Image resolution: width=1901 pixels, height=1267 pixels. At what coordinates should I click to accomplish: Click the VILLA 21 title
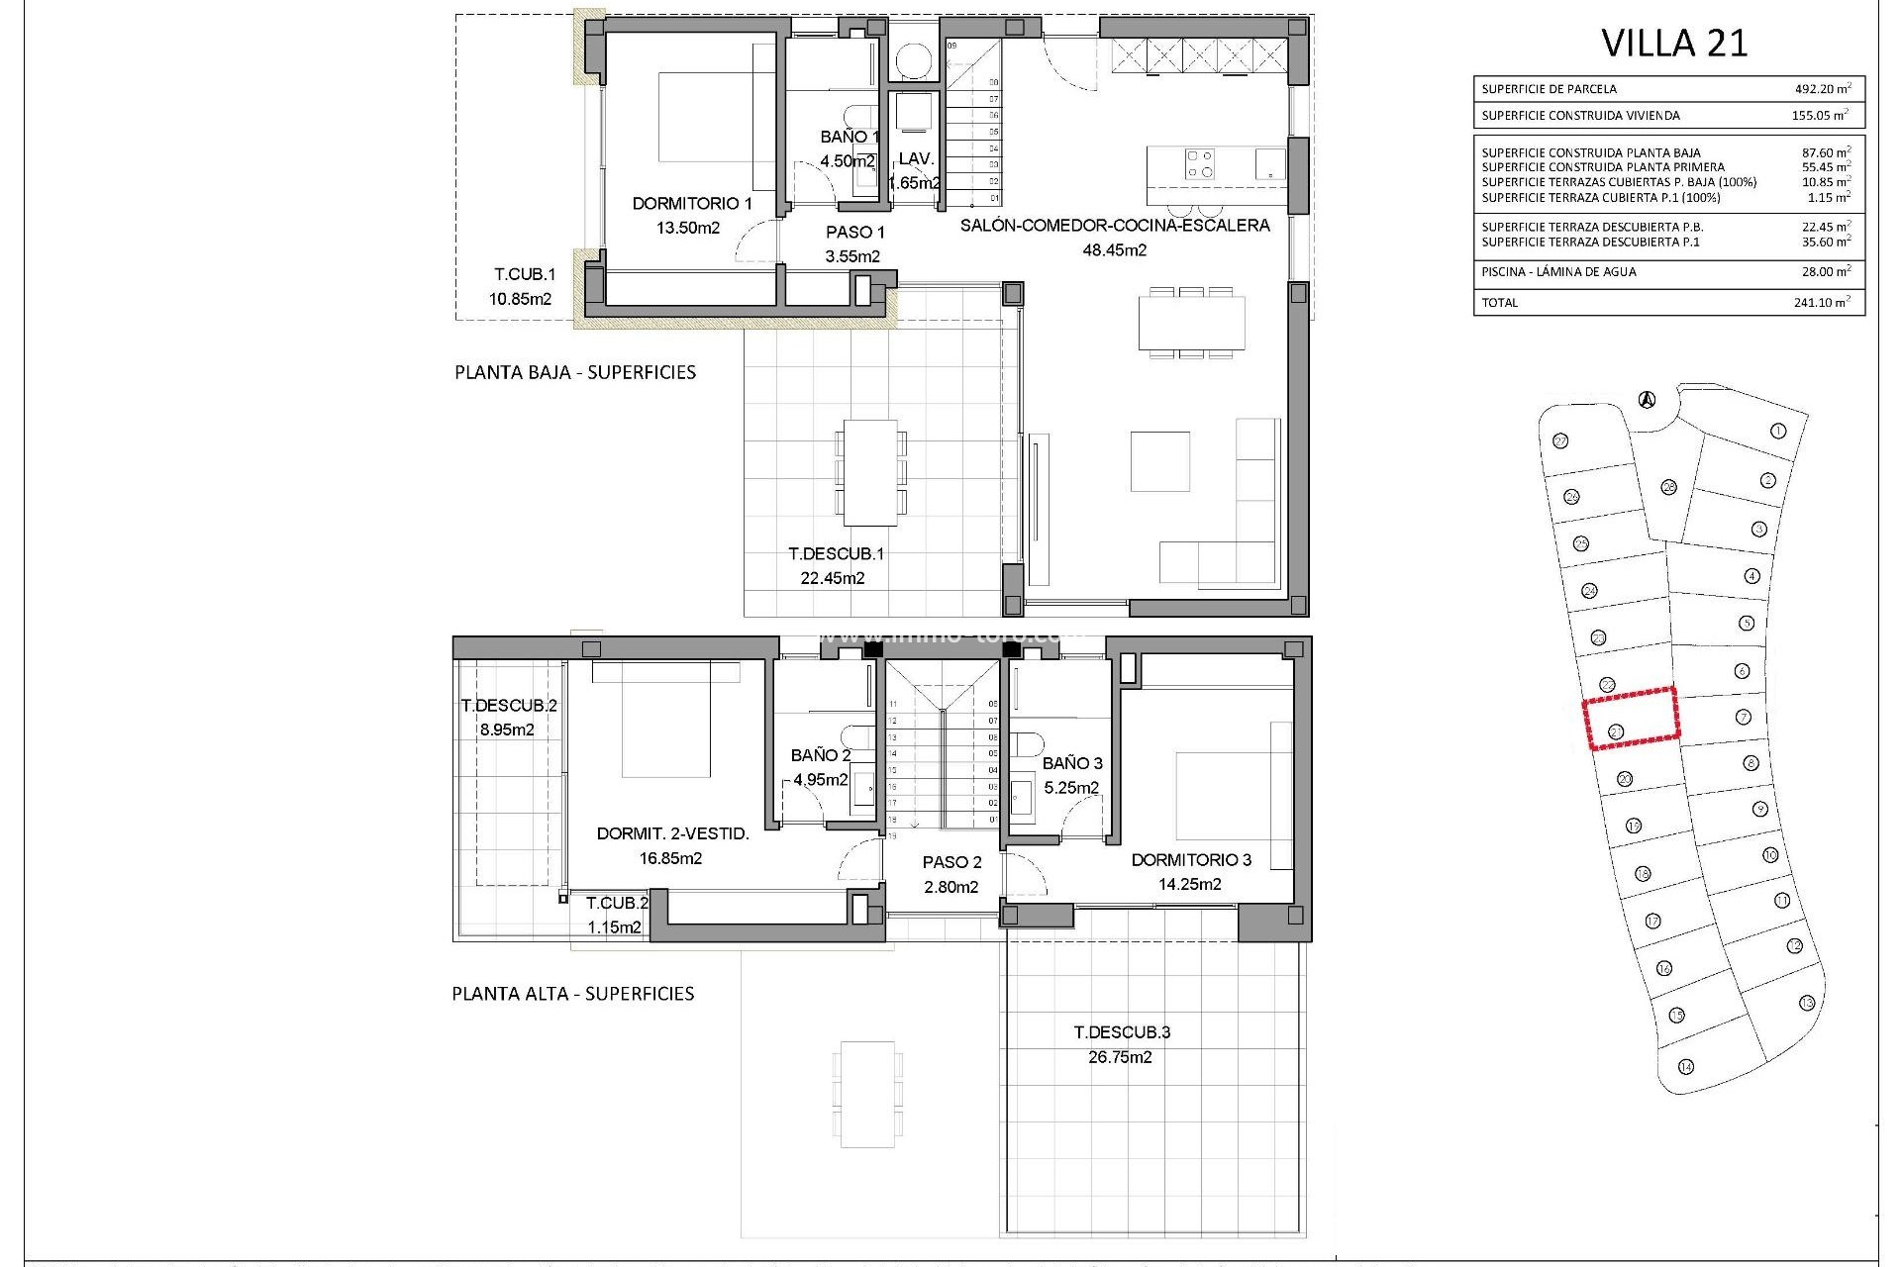(x=1674, y=44)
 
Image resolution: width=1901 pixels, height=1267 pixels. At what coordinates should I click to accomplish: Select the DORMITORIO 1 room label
(x=692, y=204)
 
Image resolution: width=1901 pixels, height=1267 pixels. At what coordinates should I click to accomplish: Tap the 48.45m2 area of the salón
(x=1114, y=250)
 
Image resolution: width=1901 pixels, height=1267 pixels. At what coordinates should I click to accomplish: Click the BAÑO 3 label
(x=1072, y=763)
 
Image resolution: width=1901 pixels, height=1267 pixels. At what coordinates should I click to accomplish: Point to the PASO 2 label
(x=951, y=862)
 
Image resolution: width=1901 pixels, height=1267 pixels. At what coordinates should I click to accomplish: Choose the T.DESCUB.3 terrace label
(x=1122, y=1032)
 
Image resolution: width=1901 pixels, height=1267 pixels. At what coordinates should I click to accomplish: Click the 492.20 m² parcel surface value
(x=1822, y=89)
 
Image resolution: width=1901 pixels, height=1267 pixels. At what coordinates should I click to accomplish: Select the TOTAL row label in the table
(x=1499, y=303)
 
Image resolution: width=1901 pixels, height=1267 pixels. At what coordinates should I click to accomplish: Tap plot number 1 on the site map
(x=1777, y=431)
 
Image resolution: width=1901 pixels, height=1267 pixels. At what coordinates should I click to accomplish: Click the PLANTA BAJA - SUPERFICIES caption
(x=574, y=373)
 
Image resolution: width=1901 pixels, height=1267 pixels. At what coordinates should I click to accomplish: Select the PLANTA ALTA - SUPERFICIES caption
(x=572, y=994)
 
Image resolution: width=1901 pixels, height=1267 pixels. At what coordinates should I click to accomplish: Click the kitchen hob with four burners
(x=1201, y=163)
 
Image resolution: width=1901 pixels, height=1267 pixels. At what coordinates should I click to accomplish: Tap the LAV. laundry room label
(x=916, y=158)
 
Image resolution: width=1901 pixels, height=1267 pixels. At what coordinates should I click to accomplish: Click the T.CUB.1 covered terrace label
(x=525, y=275)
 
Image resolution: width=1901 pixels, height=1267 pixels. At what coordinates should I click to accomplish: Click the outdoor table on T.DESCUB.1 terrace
(x=870, y=473)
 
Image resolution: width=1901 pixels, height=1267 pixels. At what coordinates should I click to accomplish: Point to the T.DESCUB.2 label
(x=509, y=706)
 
